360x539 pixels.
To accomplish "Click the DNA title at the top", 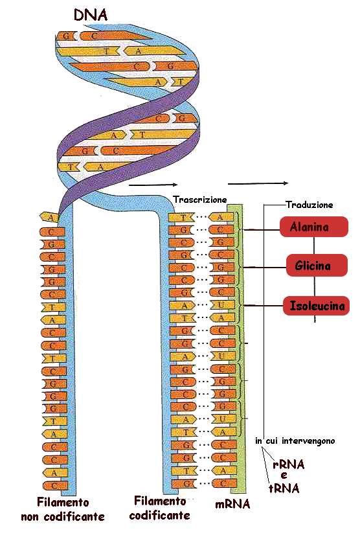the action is pyautogui.click(x=91, y=15).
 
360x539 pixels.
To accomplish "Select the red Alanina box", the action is pyautogui.click(x=313, y=227).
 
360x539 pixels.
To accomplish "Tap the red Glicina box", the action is pyautogui.click(x=317, y=266).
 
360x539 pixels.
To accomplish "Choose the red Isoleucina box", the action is pyautogui.click(x=316, y=306).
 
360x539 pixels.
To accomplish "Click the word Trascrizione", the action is pyautogui.click(x=200, y=200).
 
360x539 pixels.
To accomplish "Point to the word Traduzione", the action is pyautogui.click(x=309, y=205).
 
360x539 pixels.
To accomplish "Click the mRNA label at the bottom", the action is pyautogui.click(x=232, y=504).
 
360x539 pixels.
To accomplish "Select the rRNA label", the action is pyautogui.click(x=289, y=464).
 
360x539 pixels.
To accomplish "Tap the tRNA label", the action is pyautogui.click(x=284, y=488).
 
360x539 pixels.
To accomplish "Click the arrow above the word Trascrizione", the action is pyautogui.click(x=153, y=185).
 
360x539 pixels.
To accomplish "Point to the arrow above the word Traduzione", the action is pyautogui.click(x=258, y=183).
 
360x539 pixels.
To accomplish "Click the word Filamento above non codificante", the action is pyautogui.click(x=63, y=502).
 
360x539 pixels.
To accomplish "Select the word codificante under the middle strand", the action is pyautogui.click(x=160, y=515).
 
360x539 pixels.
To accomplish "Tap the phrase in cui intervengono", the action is pyautogui.click(x=295, y=441).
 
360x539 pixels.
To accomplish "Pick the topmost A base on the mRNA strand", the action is pyautogui.click(x=221, y=217).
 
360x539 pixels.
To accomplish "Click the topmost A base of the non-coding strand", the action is pyautogui.click(x=50, y=217).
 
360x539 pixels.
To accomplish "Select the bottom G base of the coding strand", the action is pyautogui.click(x=185, y=483).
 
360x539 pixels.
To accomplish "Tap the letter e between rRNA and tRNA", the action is pyautogui.click(x=284, y=476).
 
